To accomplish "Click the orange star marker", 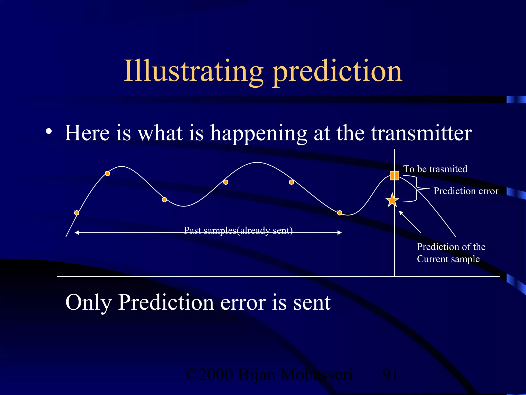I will click(x=392, y=200).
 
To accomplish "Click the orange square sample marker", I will click(x=394, y=176).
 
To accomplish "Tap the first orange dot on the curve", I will click(x=77, y=213).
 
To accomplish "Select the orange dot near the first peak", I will click(x=107, y=173).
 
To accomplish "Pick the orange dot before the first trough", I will click(x=164, y=200).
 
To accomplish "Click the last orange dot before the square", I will click(x=340, y=213).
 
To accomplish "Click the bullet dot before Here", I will click(x=49, y=131).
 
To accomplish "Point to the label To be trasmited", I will click(x=435, y=169).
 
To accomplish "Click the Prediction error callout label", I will click(x=466, y=191).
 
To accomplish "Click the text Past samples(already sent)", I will click(x=238, y=230).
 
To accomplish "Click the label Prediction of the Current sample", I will click(x=450, y=253).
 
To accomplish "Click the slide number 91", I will click(x=390, y=374).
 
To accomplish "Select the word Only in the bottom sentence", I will click(x=88, y=302).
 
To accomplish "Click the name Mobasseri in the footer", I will click(x=316, y=374).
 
